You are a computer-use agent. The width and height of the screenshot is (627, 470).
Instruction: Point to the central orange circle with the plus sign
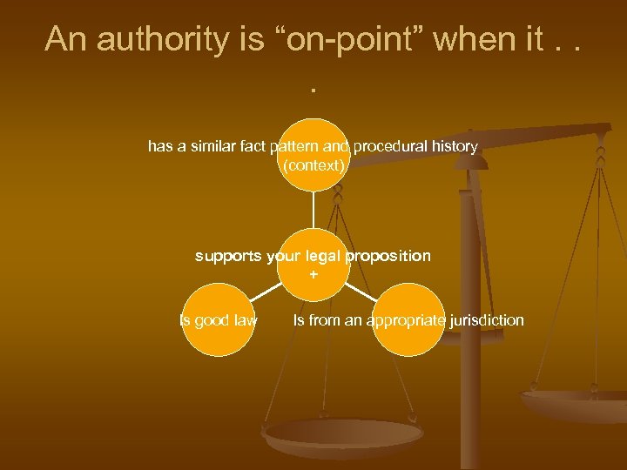point(313,265)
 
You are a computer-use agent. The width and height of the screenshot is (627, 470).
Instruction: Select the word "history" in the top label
point(454,146)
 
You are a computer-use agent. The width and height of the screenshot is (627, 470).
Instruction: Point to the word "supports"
point(228,256)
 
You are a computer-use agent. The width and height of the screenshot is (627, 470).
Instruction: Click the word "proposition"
point(388,256)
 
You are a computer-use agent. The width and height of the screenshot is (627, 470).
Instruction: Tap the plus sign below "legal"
point(313,274)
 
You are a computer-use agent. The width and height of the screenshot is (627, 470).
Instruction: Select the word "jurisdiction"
point(485,320)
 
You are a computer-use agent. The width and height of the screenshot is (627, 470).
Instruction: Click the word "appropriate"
point(407,320)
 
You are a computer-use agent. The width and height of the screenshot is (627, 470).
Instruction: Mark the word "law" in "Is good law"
point(245,320)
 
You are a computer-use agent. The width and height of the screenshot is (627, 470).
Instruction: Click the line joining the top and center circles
point(313,209)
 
